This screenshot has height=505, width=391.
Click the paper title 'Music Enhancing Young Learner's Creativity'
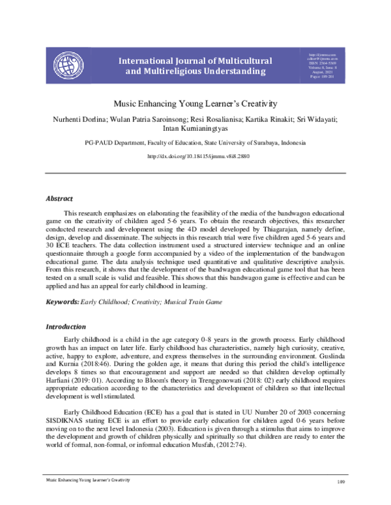tap(195, 103)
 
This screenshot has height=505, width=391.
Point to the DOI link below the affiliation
tap(195, 157)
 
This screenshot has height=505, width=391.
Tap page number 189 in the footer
tap(340, 499)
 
